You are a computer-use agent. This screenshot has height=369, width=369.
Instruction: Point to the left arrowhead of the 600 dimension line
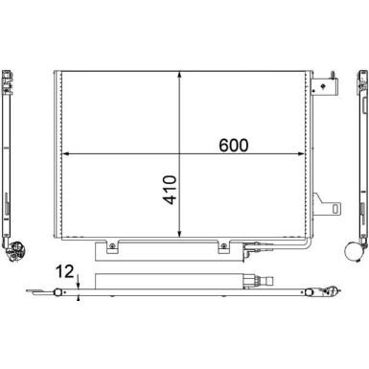65,153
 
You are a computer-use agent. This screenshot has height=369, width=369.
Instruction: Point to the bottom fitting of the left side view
14,252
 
